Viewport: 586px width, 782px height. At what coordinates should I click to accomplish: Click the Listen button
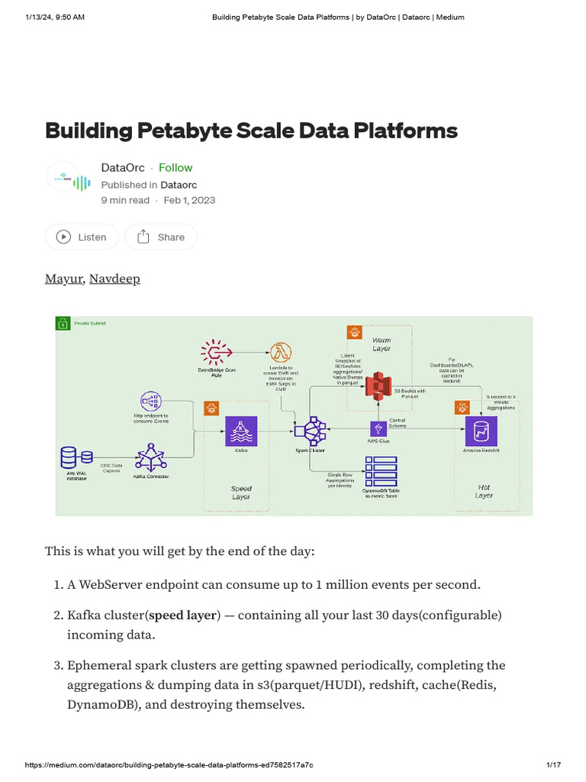pos(82,237)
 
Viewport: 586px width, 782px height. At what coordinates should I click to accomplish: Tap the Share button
pos(160,237)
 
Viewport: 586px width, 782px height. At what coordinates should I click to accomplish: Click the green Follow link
pos(175,168)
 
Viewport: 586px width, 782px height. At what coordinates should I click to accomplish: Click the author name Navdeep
pos(114,279)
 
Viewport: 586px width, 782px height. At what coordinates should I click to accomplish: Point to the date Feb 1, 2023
pos(190,200)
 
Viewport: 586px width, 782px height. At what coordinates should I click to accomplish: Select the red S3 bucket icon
pos(375,386)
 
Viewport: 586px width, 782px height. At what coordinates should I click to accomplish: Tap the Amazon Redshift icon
pos(481,431)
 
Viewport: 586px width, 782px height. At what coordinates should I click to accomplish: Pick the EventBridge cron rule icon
pos(217,351)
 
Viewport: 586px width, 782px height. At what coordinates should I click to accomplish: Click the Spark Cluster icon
pos(311,433)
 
